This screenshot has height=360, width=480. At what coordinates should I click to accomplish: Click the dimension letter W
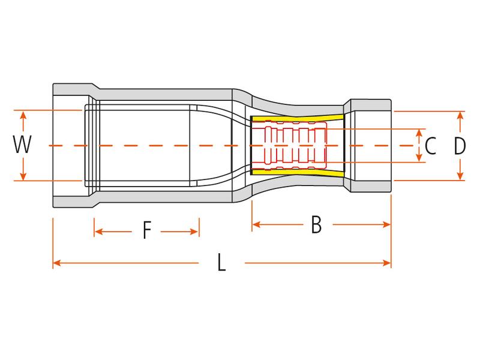22,145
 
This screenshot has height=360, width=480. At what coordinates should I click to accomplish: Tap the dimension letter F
147,230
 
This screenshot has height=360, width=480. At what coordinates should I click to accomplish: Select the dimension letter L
221,262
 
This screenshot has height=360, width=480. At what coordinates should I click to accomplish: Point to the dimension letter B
317,224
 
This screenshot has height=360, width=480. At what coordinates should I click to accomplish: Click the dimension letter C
430,146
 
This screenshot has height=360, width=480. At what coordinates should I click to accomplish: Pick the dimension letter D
459,146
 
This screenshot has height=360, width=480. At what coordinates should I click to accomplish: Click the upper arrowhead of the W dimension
23,115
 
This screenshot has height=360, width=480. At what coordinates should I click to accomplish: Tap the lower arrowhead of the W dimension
23,176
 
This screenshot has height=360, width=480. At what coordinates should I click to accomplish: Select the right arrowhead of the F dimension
194,232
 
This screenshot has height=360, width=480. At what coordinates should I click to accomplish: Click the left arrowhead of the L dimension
57,263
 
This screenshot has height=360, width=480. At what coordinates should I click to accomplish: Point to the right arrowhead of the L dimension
386,263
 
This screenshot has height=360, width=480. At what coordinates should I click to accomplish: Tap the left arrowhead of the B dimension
257,224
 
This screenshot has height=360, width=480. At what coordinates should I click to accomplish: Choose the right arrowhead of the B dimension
386,224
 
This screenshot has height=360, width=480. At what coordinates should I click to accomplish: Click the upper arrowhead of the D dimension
460,116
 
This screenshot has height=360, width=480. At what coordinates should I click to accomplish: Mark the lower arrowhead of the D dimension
460,176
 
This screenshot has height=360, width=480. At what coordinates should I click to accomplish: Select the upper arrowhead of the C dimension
419,133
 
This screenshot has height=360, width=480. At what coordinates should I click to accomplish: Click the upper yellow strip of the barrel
297,119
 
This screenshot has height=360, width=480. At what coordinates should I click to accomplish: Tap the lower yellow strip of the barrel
297,173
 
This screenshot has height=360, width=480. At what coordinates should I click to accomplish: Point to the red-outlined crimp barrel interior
289,146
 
